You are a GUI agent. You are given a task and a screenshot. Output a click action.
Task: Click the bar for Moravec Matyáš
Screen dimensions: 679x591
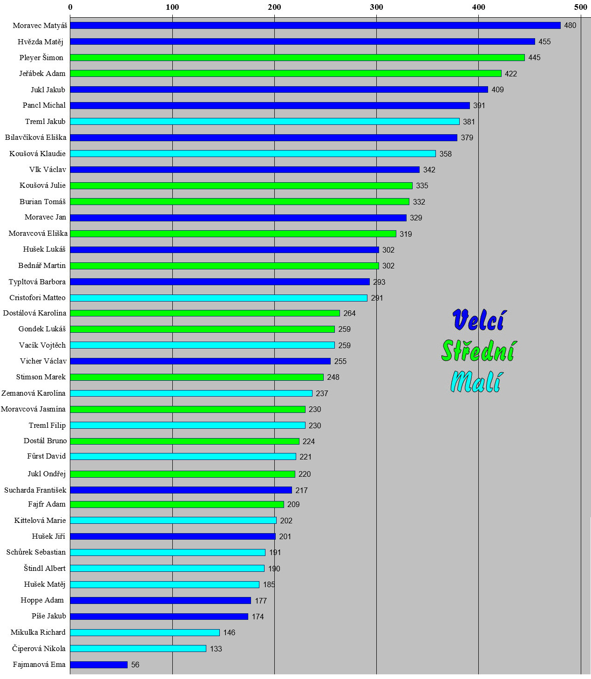click(x=315, y=26)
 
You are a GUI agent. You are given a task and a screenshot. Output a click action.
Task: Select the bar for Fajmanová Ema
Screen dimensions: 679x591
click(x=99, y=665)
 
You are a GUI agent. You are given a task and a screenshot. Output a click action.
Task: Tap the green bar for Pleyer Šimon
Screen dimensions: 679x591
click(x=297, y=58)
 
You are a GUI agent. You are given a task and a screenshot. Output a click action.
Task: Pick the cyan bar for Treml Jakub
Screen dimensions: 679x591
click(x=265, y=122)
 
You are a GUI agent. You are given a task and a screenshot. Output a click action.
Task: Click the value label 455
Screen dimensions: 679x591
click(x=544, y=42)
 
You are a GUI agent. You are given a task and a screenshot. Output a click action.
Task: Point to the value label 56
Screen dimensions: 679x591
click(x=135, y=665)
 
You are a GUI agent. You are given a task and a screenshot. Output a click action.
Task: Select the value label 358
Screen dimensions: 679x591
click(x=445, y=154)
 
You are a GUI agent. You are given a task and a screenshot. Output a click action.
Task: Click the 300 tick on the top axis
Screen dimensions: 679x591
click(x=376, y=7)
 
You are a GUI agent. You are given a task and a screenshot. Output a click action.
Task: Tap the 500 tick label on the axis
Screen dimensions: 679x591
click(x=580, y=7)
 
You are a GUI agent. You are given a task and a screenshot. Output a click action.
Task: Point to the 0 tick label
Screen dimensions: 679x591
click(x=70, y=7)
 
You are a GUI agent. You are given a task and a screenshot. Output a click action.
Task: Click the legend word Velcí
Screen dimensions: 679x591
click(x=478, y=320)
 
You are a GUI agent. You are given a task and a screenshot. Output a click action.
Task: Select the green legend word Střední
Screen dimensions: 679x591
click(x=479, y=351)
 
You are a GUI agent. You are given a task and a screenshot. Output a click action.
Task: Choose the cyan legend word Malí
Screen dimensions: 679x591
click(x=476, y=382)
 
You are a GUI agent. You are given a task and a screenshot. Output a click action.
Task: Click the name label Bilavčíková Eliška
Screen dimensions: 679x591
click(x=36, y=137)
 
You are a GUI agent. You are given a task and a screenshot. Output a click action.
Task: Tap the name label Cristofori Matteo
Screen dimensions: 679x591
click(x=38, y=298)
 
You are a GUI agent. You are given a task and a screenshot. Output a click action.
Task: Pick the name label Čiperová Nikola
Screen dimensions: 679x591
click(x=39, y=649)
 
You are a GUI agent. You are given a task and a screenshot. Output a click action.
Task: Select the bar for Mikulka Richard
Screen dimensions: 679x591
click(x=145, y=632)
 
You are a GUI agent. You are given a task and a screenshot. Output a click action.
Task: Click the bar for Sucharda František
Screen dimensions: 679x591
click(x=181, y=490)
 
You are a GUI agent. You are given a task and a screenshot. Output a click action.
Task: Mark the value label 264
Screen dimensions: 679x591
click(x=349, y=313)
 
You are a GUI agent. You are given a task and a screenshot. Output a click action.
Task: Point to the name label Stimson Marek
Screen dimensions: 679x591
click(x=41, y=377)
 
